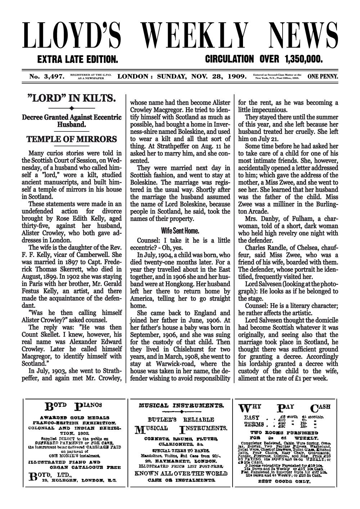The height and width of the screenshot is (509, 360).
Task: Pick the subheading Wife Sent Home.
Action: pos(180,231)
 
